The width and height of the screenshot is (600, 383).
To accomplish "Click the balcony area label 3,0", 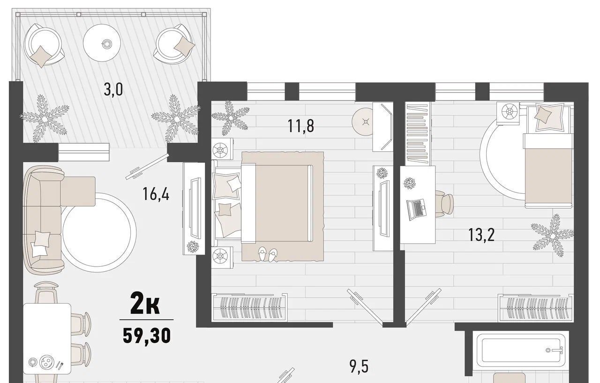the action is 113,90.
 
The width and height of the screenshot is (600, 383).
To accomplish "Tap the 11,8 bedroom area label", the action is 300,126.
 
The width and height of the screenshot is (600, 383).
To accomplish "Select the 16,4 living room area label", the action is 156,194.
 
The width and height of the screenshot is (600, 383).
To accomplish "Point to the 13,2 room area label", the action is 481,235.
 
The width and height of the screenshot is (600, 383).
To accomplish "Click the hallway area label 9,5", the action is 359,367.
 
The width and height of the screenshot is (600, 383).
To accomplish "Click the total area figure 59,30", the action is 147,336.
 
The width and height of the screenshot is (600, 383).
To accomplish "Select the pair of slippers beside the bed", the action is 268,254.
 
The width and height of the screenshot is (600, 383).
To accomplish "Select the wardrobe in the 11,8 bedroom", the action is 249,307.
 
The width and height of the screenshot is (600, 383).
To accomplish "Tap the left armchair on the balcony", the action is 44,45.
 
